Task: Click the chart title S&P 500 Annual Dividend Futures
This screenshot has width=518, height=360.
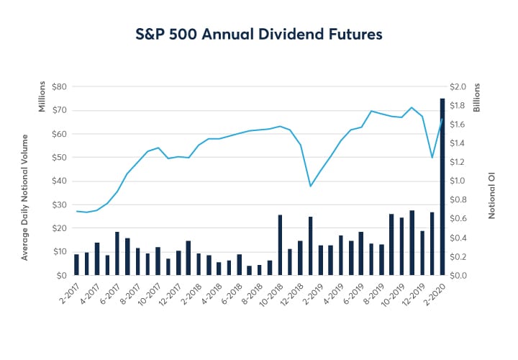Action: [259, 33]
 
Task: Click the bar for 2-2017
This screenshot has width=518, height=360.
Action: [76, 264]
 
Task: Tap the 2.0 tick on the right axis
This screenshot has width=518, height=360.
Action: [459, 87]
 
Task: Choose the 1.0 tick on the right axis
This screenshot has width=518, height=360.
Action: [459, 181]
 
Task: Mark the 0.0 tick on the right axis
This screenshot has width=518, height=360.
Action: [459, 276]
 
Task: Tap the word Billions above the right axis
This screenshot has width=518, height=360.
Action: [476, 96]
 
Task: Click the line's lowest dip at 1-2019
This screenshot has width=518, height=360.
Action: [310, 186]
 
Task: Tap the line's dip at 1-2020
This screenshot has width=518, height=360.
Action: [432, 157]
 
